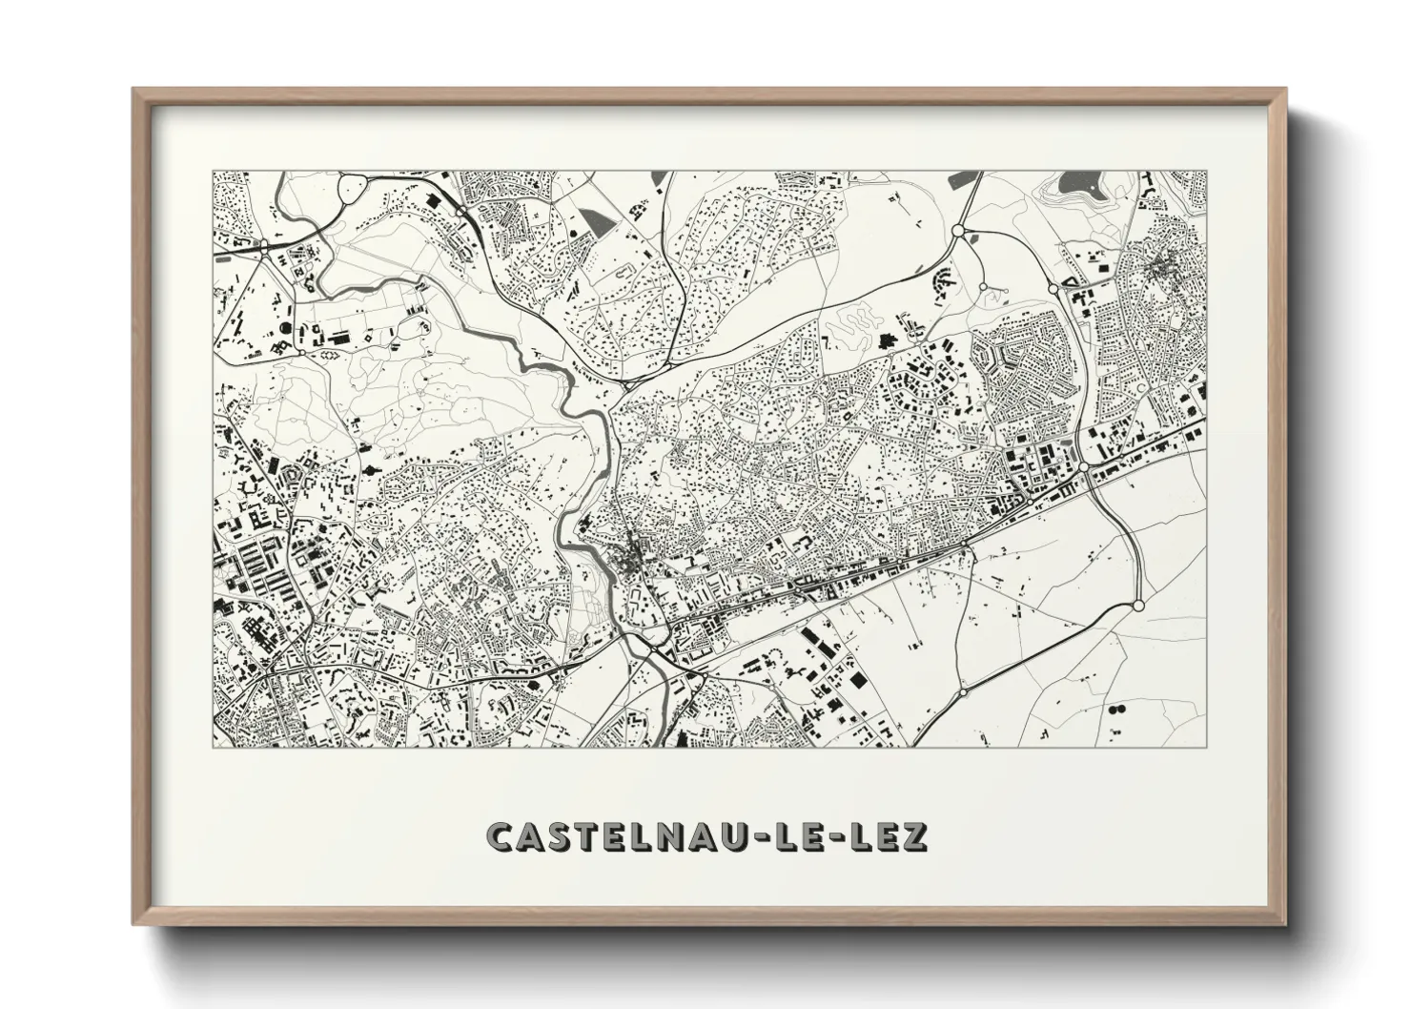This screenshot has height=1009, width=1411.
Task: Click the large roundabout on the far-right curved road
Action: pos(1137,606)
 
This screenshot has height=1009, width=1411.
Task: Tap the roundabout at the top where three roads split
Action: pos(958,231)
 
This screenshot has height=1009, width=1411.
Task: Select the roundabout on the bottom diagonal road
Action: pos(963,691)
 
